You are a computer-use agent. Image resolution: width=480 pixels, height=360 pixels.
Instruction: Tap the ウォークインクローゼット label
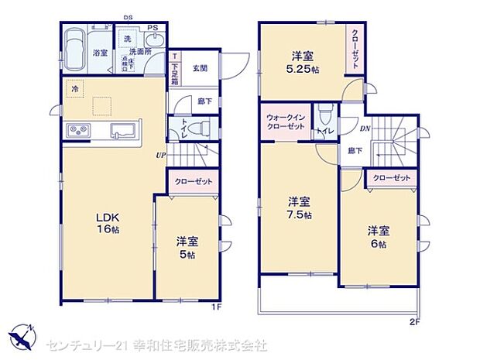click(286, 122)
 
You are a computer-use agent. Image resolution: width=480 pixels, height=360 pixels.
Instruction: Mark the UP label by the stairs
click(161, 153)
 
